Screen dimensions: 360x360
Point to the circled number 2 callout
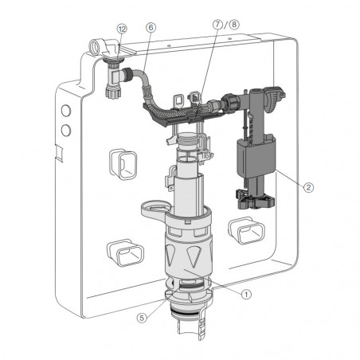tap(310, 188)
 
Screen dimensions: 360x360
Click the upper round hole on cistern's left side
tap(64, 110)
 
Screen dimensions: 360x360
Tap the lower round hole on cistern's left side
tap(65, 127)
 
